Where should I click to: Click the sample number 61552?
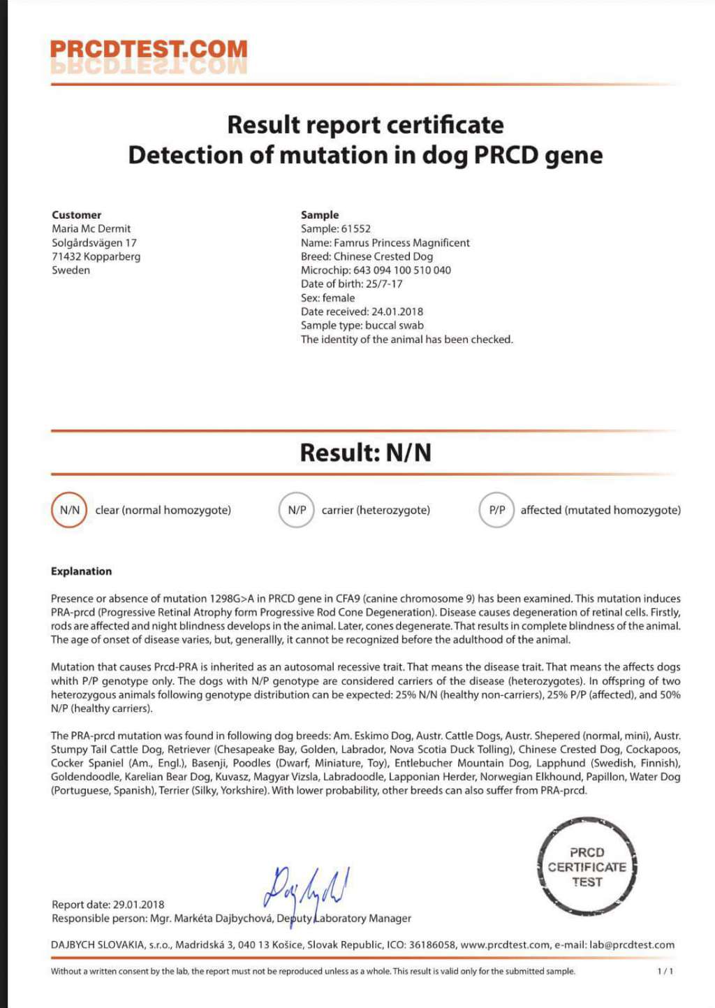355,229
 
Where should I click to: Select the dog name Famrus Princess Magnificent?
401,243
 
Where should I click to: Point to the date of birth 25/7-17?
384,284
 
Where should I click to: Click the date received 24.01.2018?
397,312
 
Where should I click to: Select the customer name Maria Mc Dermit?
91,229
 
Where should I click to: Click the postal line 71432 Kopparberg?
96,256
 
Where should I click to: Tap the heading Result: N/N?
365,453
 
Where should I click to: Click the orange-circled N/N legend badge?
69,510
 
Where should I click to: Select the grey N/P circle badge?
297,510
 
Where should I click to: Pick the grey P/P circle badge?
496,510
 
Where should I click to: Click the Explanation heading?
81,571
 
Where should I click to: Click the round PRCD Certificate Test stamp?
587,867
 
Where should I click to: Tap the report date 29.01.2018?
138,905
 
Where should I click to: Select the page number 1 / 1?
665,971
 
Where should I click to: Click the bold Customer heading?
76,215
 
